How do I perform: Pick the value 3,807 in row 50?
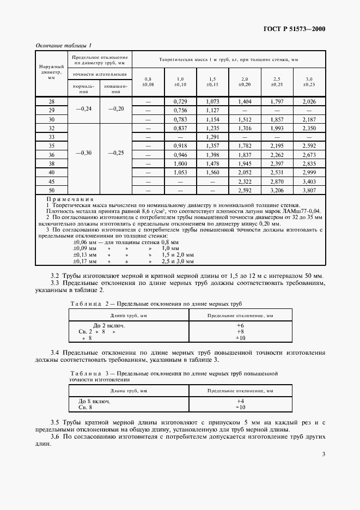[x=309, y=191]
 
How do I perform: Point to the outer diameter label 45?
[x=52, y=180]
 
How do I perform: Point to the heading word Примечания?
[x=70, y=200]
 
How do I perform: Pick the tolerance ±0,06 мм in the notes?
[x=85, y=226]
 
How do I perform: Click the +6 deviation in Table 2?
[x=240, y=325]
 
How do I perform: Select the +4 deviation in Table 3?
[x=240, y=401]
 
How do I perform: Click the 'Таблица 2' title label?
[x=87, y=303]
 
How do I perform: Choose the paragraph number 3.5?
[x=55, y=422]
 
